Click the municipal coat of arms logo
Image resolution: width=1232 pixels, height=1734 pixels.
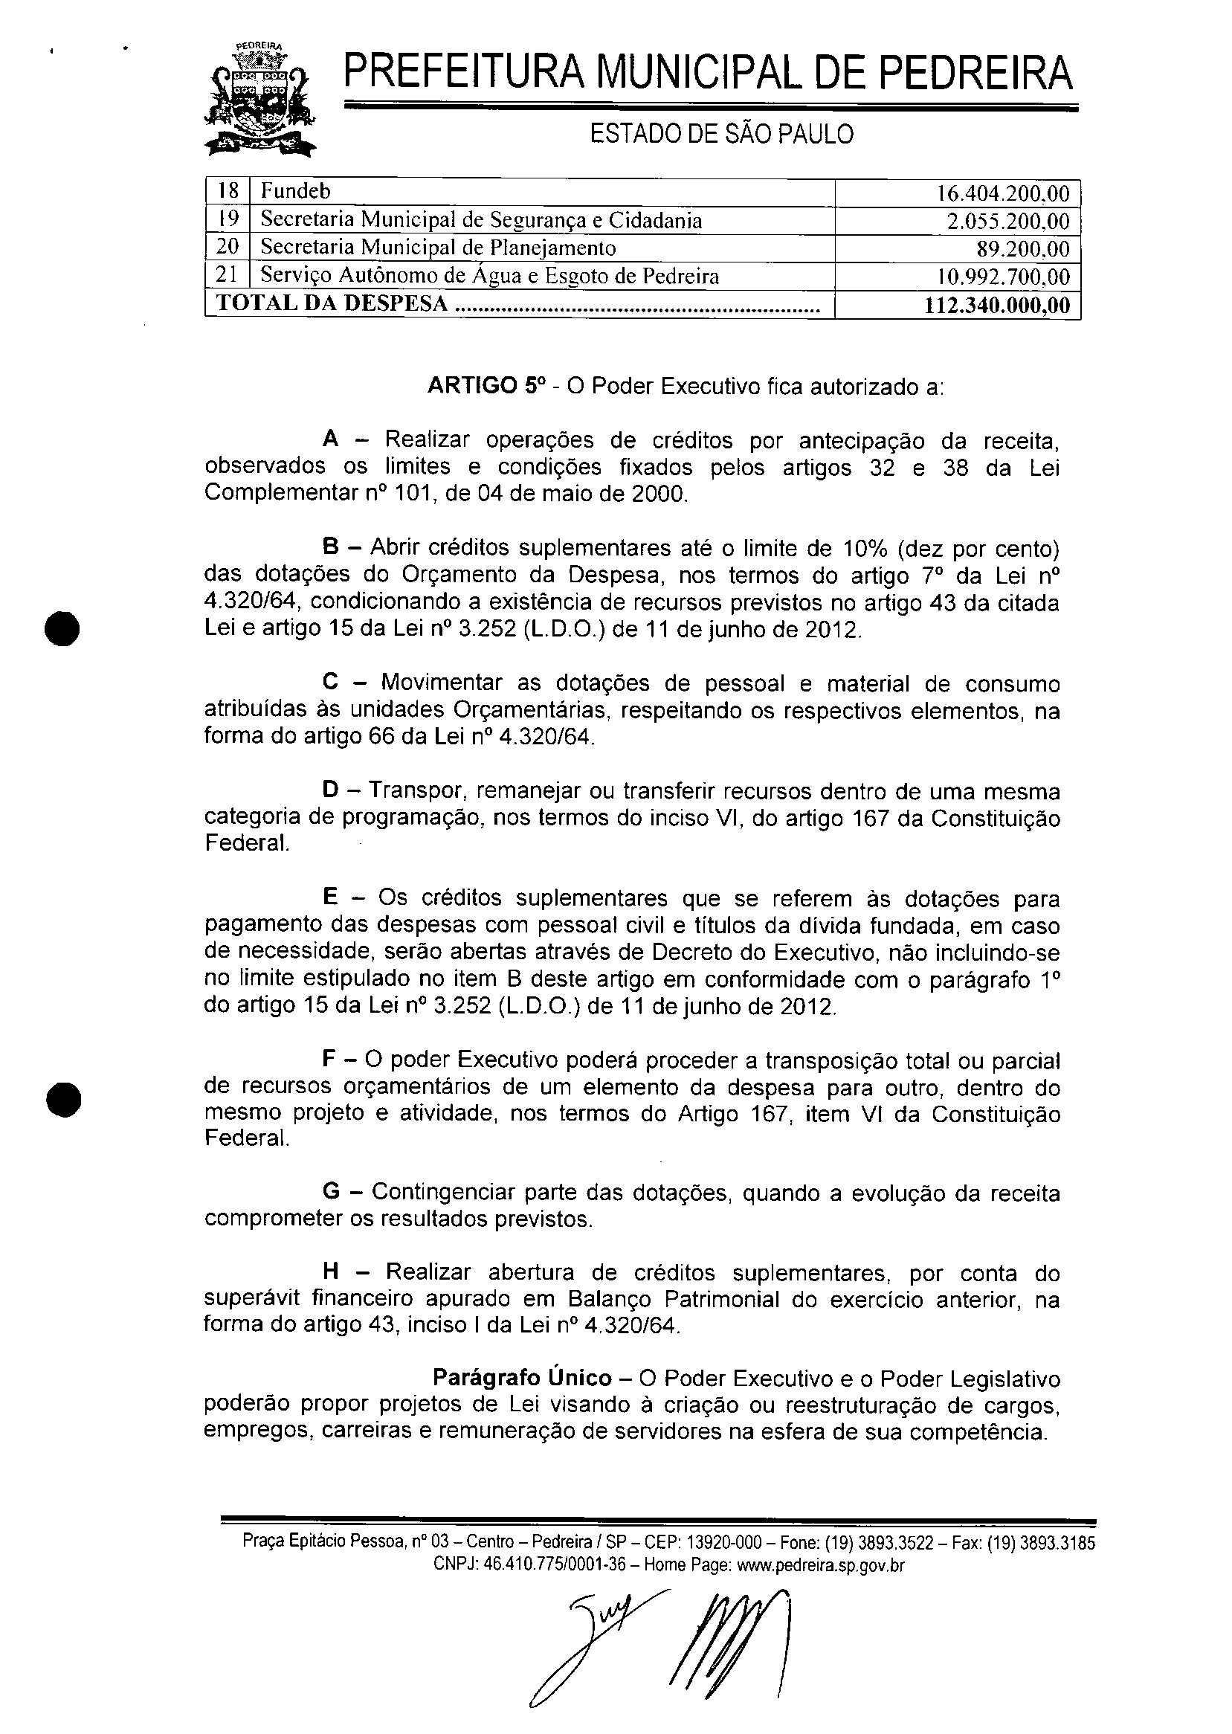coord(261,100)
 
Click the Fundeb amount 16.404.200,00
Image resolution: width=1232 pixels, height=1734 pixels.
coord(1003,193)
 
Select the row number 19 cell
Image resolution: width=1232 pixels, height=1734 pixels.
coord(228,220)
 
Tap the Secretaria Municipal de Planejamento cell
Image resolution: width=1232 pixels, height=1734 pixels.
coord(438,248)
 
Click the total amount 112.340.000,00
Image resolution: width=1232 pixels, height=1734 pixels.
coord(997,305)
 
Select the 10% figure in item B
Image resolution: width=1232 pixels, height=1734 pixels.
coord(858,548)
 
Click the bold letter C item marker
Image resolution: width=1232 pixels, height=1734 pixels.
coord(330,683)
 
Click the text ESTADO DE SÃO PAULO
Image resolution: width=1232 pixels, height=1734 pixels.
coord(721,135)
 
